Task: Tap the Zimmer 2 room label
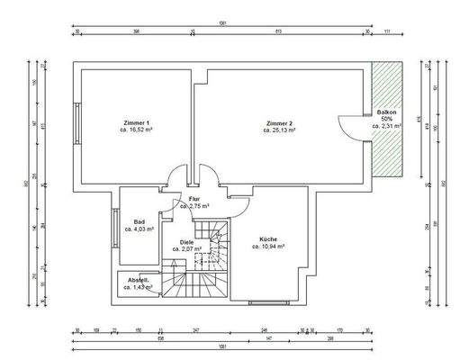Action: point(279,122)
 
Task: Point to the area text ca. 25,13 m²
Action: point(279,130)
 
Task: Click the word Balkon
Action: point(387,112)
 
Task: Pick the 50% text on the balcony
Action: point(387,119)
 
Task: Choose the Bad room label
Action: point(140,221)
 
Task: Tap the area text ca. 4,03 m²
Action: point(140,229)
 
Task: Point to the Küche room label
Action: point(269,238)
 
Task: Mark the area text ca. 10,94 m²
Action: point(269,246)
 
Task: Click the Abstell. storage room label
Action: point(138,279)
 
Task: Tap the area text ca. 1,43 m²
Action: point(138,287)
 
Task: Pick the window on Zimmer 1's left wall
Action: point(78,123)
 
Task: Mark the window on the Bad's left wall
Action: point(116,225)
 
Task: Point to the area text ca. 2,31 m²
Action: point(387,127)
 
